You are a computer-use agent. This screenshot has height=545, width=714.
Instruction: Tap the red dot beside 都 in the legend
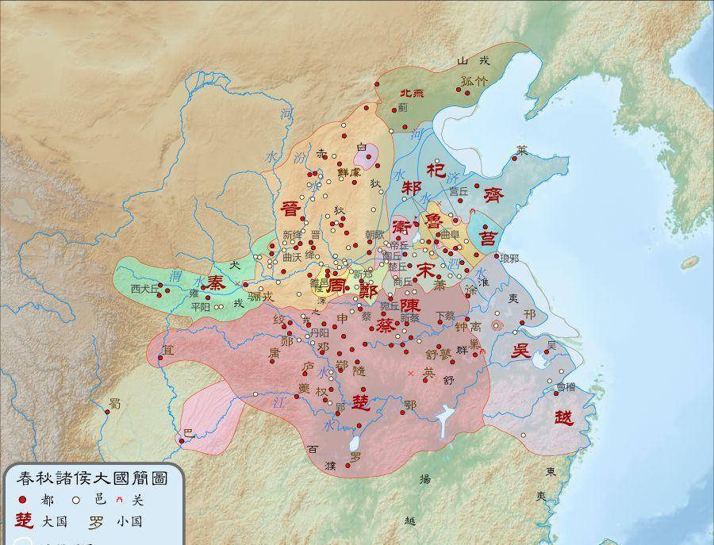pyautogui.click(x=22, y=500)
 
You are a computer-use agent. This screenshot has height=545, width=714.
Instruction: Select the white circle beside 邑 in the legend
pyautogui.click(x=77, y=500)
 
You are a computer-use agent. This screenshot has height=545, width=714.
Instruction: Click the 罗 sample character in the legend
pyautogui.click(x=96, y=522)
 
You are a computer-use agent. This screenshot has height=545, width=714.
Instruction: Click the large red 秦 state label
pyautogui.click(x=216, y=283)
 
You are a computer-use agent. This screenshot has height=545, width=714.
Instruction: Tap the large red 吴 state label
pyautogui.click(x=520, y=353)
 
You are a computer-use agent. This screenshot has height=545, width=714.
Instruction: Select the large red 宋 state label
pyautogui.click(x=428, y=270)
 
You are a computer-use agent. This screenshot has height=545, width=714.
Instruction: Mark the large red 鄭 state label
pyautogui.click(x=367, y=290)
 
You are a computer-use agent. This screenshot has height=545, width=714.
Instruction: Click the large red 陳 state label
pyautogui.click(x=409, y=304)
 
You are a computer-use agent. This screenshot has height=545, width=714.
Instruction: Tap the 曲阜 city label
pyautogui.click(x=450, y=236)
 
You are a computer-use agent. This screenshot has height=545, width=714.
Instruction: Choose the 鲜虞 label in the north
pyautogui.click(x=349, y=172)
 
